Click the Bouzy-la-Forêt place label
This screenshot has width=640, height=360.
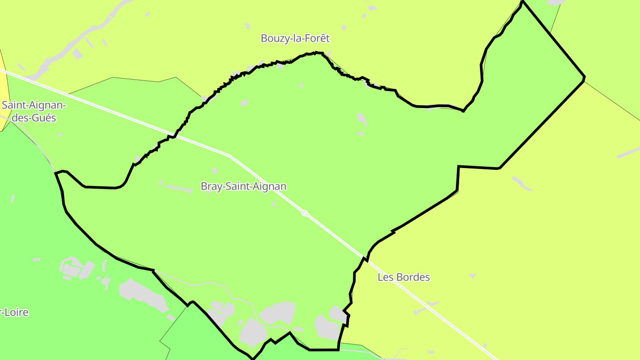[x=295, y=39]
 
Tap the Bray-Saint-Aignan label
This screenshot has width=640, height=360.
[x=244, y=186]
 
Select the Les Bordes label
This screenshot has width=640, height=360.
[x=404, y=277]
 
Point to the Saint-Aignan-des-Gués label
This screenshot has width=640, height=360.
[x=34, y=112]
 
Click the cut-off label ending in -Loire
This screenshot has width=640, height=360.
[x=14, y=312]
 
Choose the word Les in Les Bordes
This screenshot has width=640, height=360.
[x=385, y=277]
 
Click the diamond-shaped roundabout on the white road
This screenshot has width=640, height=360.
[x=305, y=213]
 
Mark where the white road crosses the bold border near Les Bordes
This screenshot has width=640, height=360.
[x=365, y=258]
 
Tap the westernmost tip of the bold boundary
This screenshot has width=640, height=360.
[x=56, y=173]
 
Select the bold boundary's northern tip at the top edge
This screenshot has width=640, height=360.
[x=523, y=2]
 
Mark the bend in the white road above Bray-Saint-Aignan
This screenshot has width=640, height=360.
[x=229, y=155]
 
